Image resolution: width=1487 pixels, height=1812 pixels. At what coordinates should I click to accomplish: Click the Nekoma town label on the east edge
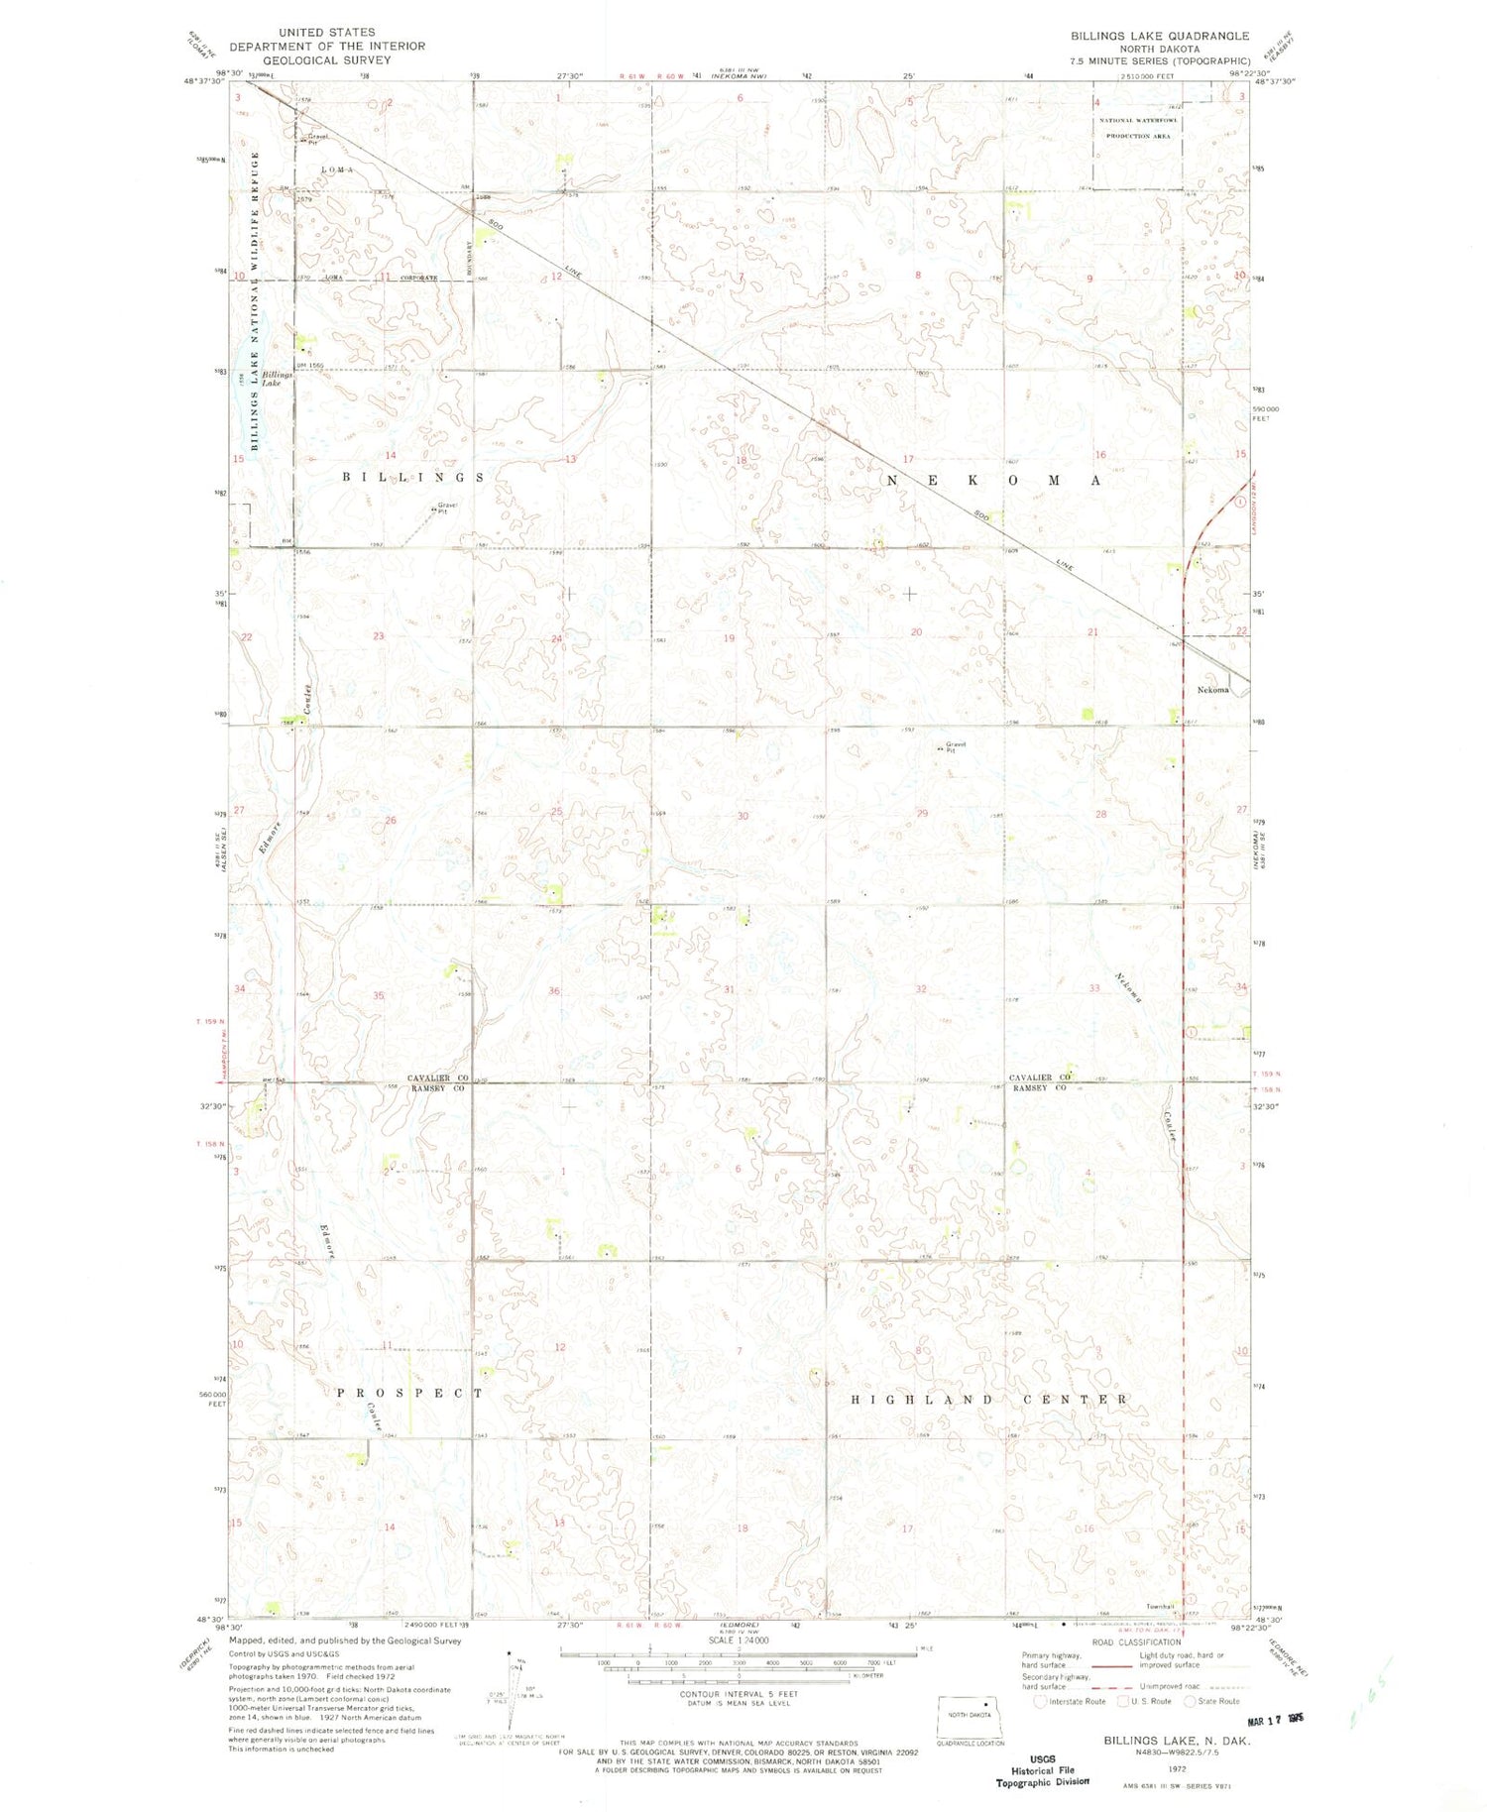pos(1213,690)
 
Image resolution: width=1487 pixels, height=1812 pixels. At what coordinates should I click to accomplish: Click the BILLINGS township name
pos(413,478)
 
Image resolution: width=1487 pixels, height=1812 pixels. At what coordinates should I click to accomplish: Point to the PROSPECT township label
pos(409,1393)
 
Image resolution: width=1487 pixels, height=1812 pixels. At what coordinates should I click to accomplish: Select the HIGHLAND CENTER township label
pos(989,1400)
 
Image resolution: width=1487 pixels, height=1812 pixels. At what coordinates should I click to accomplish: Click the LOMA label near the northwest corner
pos(336,170)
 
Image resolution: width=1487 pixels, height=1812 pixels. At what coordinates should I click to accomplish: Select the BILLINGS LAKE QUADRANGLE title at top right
pos(1159,36)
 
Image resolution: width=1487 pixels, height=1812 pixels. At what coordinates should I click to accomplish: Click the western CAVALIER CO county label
pos(438,1077)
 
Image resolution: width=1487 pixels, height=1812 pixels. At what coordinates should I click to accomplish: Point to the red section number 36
pos(555,991)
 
